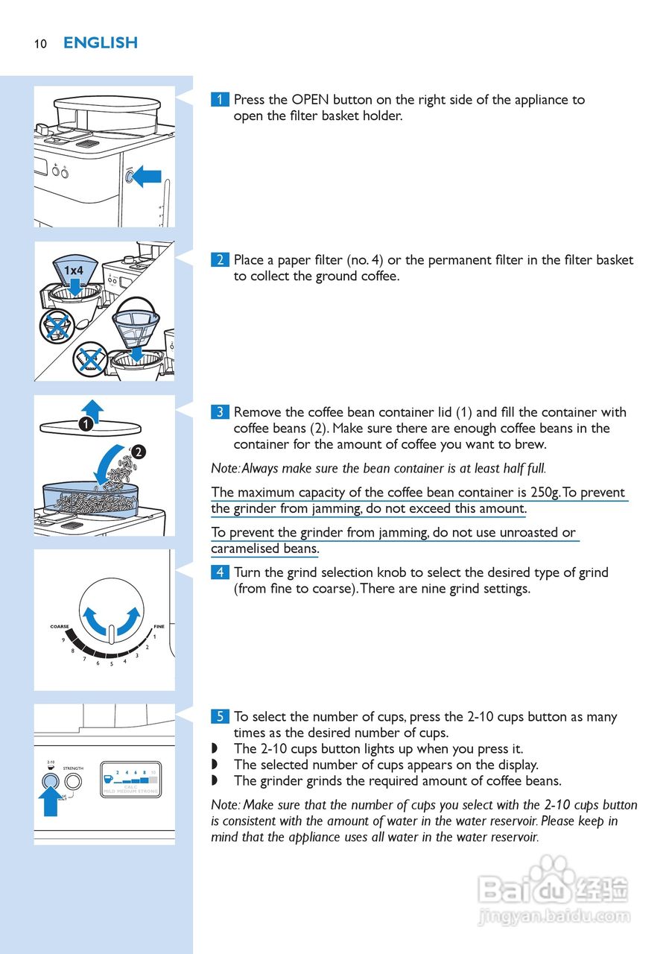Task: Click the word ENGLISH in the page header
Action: point(101,43)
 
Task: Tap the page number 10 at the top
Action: point(40,44)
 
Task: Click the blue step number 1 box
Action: point(220,100)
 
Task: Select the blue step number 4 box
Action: point(220,572)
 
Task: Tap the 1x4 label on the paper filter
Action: point(73,270)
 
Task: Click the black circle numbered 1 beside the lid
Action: point(86,424)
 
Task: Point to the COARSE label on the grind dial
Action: point(60,627)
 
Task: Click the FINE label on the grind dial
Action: point(159,627)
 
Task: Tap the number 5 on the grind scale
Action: point(111,663)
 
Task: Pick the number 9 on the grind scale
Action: point(63,640)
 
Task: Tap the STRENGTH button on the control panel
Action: point(73,782)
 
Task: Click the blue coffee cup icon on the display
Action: point(109,779)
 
